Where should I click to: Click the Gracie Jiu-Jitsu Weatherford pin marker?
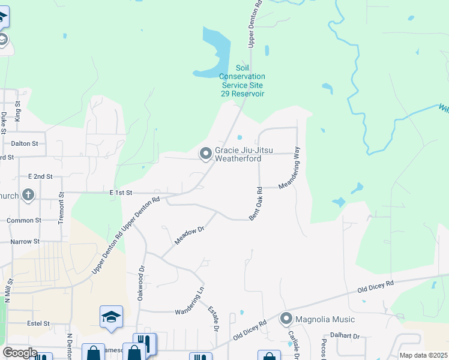tap(206, 154)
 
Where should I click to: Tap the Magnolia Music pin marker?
tap(286, 319)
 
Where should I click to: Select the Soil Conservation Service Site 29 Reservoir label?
tap(242, 81)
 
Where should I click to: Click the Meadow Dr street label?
tap(190, 235)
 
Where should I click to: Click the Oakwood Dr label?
tap(141, 278)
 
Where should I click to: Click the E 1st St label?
tap(120, 192)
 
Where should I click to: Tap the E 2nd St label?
tap(40, 176)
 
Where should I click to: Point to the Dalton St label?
tap(25, 143)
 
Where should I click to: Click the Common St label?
tap(23, 220)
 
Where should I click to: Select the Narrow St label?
tap(25, 241)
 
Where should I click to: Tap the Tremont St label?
tap(61, 208)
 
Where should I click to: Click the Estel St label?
tap(38, 323)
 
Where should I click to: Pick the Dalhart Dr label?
tap(345, 337)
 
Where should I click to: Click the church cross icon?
tap(27, 194)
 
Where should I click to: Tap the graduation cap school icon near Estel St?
tap(111, 316)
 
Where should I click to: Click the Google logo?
tap(20, 353)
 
